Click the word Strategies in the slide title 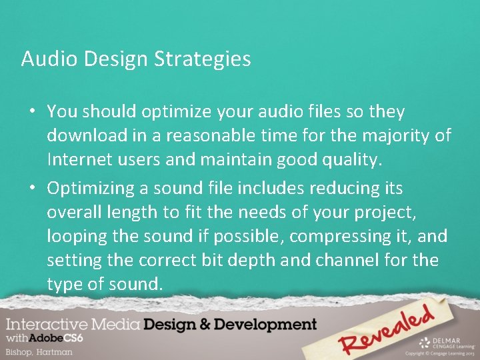point(203,59)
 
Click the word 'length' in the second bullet point(141,213)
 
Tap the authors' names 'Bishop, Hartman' point(39,351)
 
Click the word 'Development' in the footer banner point(266,325)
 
